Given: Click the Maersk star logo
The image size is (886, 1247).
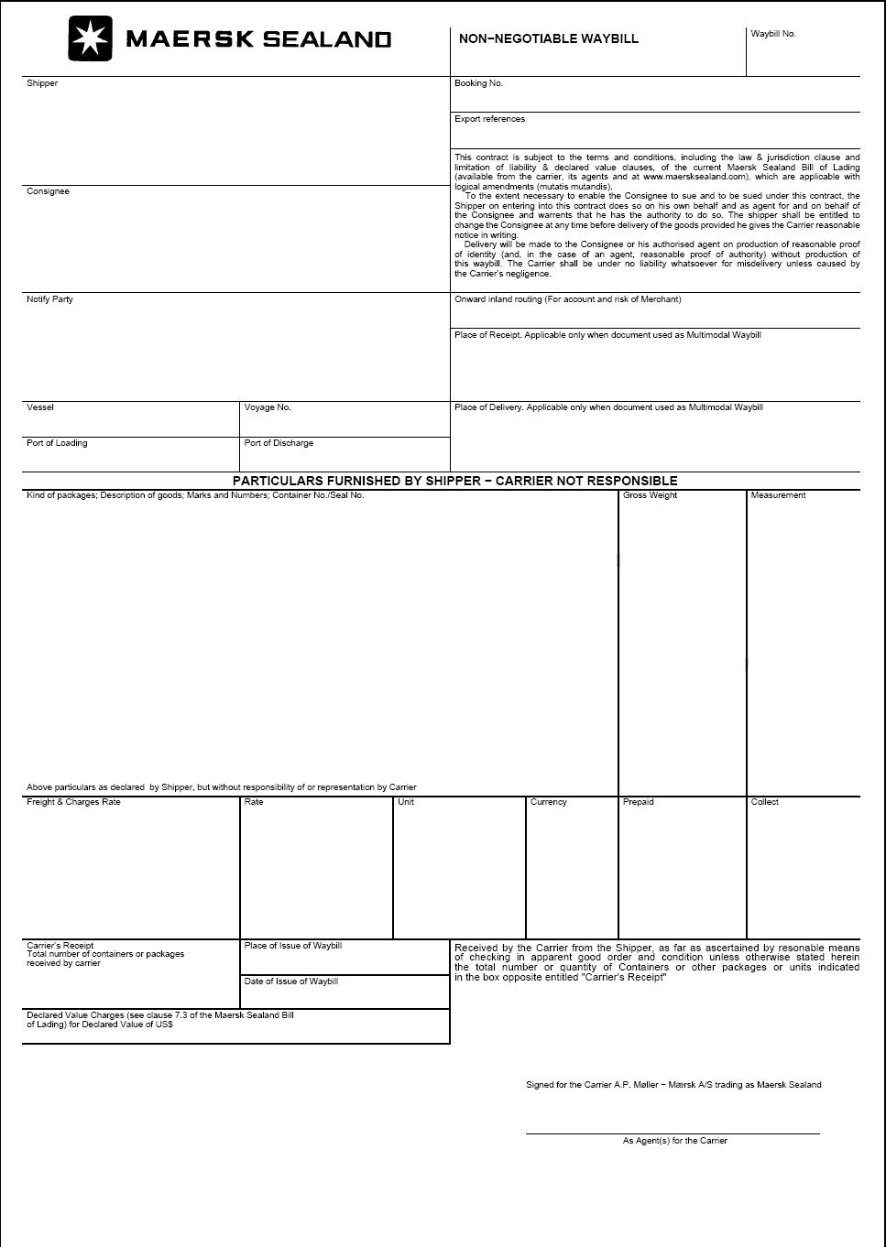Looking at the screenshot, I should (x=90, y=38).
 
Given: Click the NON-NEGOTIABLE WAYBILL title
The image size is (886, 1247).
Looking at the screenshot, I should (x=548, y=38).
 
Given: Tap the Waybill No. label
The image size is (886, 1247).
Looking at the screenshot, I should (x=773, y=34).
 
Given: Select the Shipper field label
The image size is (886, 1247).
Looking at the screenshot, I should (x=42, y=83).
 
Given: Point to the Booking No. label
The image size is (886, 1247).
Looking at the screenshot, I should (x=478, y=83).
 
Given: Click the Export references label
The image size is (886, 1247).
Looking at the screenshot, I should (x=489, y=119).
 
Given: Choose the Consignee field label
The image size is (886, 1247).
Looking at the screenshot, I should (x=48, y=191).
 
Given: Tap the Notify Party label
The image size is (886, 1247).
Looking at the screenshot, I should (x=49, y=299).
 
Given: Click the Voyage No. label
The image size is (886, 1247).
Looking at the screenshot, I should (x=268, y=407).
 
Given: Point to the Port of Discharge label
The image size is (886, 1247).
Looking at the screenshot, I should (x=279, y=443).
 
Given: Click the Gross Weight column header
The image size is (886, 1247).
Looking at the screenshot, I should (x=650, y=495).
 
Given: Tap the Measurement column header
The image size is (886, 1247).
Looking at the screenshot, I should (x=778, y=495).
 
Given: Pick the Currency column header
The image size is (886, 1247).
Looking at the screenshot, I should (x=548, y=802).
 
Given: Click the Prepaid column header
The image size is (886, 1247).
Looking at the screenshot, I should (x=638, y=802).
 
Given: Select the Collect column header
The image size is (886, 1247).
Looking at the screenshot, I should (x=764, y=802).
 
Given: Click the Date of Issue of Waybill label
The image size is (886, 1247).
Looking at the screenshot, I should (x=290, y=981).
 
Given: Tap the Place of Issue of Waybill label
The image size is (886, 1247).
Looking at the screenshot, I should (x=292, y=946).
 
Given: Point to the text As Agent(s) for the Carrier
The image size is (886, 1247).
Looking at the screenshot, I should (x=674, y=1141).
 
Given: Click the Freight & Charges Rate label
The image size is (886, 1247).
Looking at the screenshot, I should (x=73, y=802).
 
